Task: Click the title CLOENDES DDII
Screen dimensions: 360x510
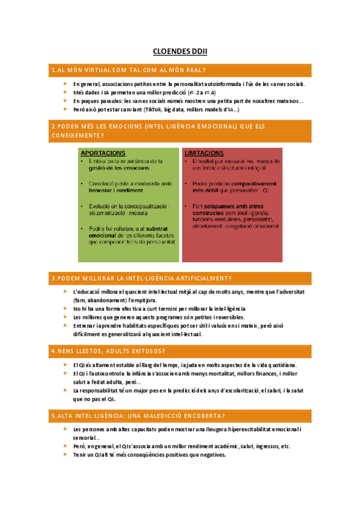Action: tap(180, 52)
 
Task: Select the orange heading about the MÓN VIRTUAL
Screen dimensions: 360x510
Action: tap(129, 71)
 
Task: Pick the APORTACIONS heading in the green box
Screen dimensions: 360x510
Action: tap(103, 153)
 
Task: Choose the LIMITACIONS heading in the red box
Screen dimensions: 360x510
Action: tap(204, 153)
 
